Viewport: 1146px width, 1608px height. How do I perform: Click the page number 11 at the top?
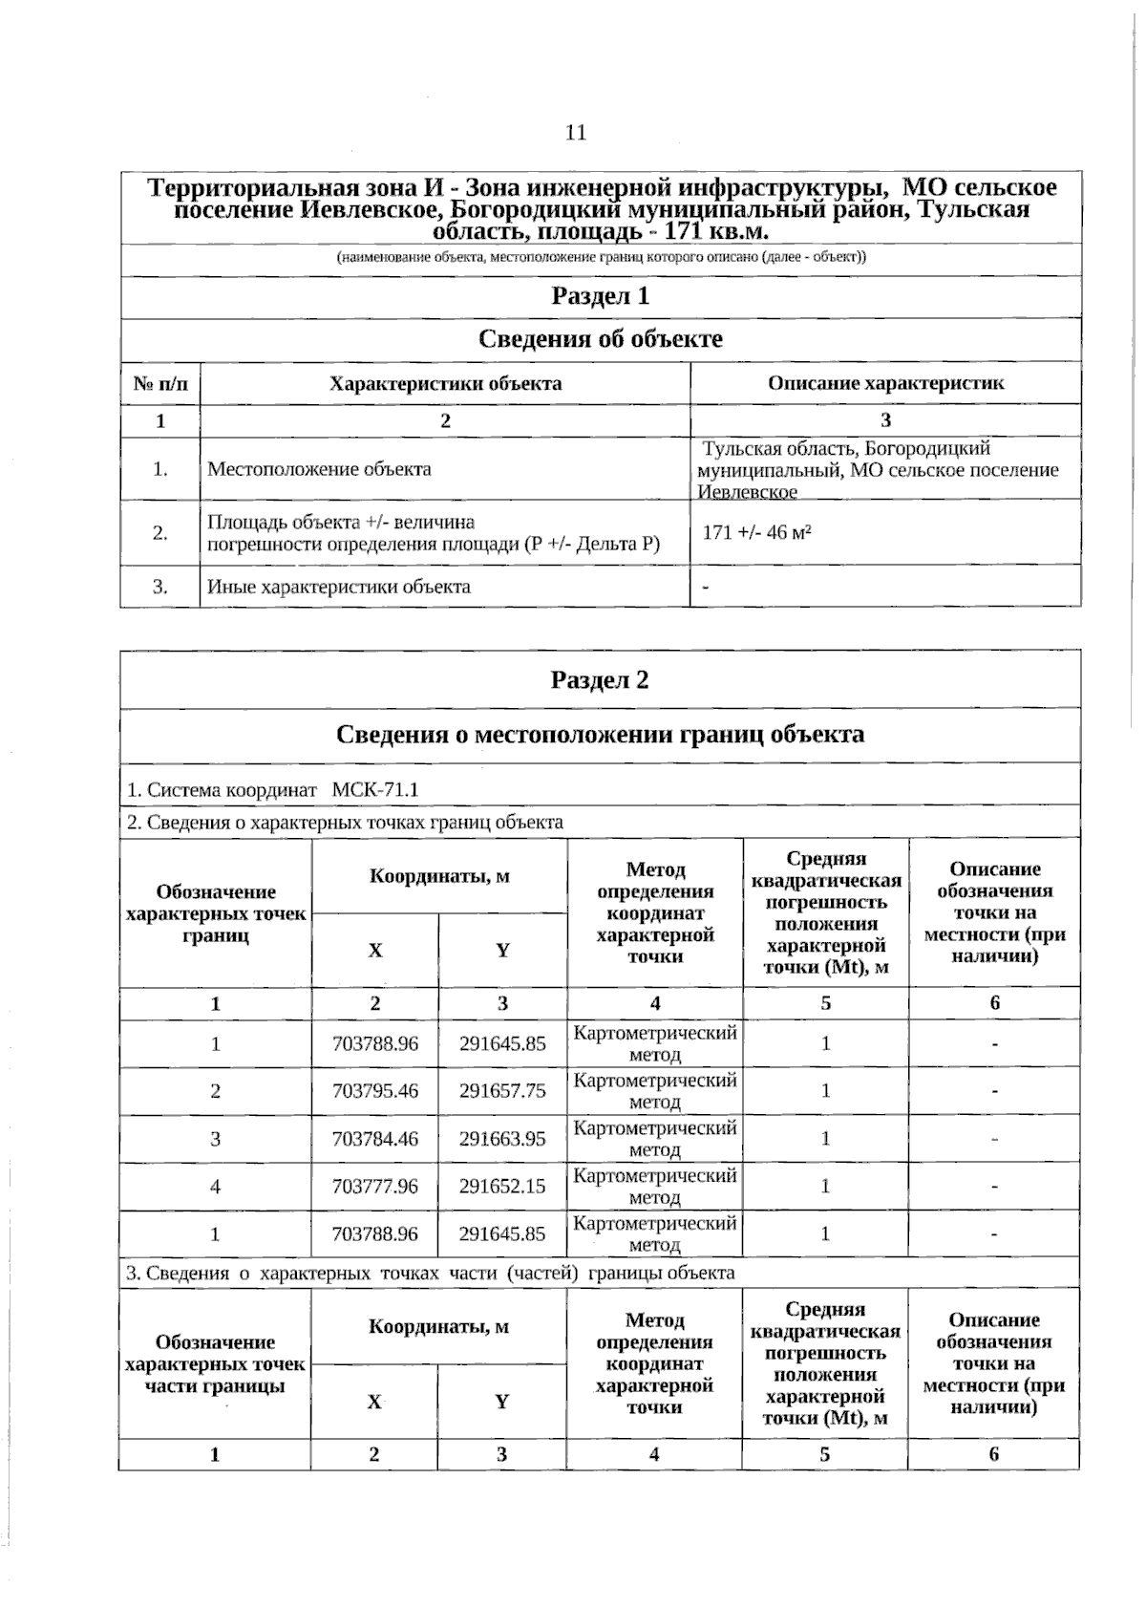pos(576,133)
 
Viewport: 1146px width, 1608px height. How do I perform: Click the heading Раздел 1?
pos(601,296)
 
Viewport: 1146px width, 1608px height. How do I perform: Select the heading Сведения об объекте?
pos(600,339)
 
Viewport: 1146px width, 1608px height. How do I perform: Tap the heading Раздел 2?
pos(600,680)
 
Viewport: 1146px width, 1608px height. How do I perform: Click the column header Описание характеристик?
pos(885,383)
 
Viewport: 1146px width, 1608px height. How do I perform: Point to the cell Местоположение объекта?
pos(319,469)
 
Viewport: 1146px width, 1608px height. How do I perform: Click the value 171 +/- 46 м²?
pos(756,533)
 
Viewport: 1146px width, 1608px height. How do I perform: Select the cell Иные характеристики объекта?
pos(339,587)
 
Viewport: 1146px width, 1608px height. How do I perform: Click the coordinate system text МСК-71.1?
pos(375,790)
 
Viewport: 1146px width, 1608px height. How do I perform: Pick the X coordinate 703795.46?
pos(375,1091)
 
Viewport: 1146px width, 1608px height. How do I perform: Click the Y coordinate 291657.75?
pos(502,1091)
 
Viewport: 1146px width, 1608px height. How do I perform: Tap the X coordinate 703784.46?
pos(375,1139)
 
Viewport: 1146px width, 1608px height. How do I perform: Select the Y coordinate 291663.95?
pos(502,1139)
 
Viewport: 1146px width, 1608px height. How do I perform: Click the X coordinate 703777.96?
pos(375,1187)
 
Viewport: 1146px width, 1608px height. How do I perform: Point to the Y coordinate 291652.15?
pos(502,1187)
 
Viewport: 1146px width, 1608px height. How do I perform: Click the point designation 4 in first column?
pos(216,1187)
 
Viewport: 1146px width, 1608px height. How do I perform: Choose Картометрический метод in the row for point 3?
pos(655,1139)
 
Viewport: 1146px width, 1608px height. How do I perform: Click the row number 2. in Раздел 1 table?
pos(160,533)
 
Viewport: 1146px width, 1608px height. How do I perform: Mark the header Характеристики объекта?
pos(445,383)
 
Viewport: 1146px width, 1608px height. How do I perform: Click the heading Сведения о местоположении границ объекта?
pos(600,735)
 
